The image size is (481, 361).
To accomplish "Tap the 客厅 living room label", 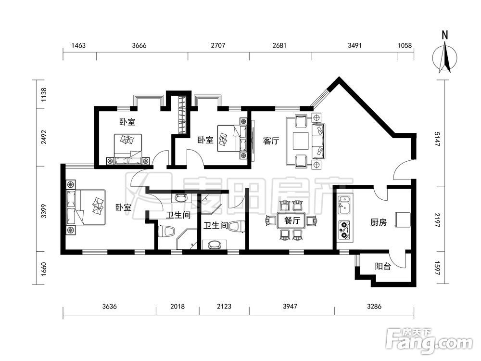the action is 271,141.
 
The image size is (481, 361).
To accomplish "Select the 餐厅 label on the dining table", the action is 292,220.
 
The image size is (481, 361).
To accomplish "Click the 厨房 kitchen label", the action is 378,222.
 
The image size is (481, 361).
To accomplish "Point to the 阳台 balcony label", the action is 383,266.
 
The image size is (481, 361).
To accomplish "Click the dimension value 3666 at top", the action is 139,45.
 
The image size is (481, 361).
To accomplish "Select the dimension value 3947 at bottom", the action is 290,306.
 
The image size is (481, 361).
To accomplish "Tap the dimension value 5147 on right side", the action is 437,139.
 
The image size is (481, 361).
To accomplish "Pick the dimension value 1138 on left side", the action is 44,95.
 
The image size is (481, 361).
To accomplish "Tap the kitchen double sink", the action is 344,205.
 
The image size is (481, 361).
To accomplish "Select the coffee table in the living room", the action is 300,141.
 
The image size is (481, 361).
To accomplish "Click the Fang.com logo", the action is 429,340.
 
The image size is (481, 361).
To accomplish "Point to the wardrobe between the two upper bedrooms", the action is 182,115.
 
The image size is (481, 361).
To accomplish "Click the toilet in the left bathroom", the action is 166,231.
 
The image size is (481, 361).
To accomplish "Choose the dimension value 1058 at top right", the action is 405,45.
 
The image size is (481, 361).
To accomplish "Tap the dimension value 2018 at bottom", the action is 177,306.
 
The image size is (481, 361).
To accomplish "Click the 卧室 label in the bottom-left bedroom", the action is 123,207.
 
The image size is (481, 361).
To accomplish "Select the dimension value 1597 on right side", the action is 437,268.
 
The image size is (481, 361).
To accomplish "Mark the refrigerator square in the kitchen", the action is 403,219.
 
